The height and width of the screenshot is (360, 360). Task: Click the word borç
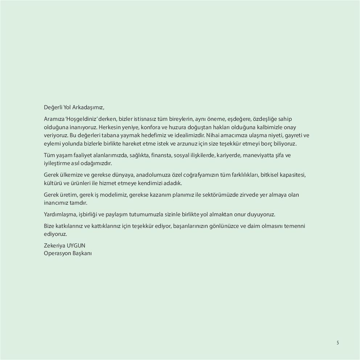coord(265,144)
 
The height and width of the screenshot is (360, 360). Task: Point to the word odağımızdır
coord(95,163)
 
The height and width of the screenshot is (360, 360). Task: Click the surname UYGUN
coord(76,246)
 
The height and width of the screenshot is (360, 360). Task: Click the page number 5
coord(337,343)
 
